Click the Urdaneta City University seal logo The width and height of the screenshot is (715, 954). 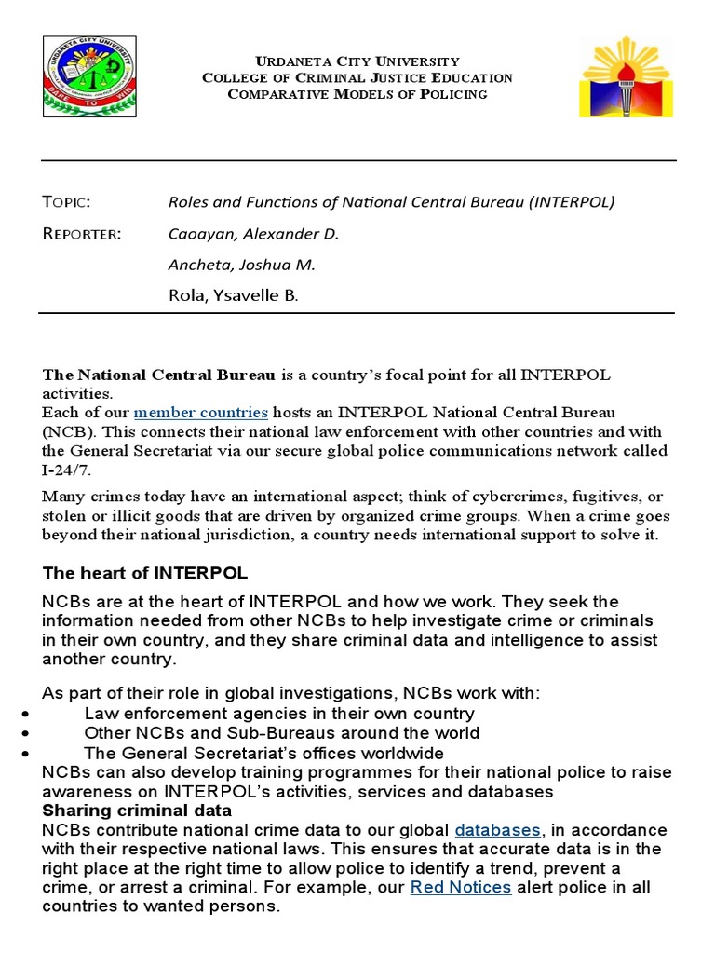pyautogui.click(x=89, y=77)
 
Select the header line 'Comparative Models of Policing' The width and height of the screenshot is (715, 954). pyautogui.click(x=357, y=94)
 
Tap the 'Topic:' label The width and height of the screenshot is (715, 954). pyautogui.click(x=66, y=202)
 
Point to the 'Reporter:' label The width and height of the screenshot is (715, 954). pyautogui.click(x=82, y=233)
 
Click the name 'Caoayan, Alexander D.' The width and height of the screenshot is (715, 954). pyautogui.click(x=252, y=234)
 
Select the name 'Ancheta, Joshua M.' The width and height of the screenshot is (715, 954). pyautogui.click(x=241, y=265)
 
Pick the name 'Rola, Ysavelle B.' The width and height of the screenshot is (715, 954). pyautogui.click(x=234, y=296)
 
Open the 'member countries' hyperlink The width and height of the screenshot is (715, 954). pyautogui.click(x=201, y=412)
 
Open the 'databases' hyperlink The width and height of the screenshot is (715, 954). pyautogui.click(x=497, y=829)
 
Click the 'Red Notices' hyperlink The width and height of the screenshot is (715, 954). pyautogui.click(x=461, y=887)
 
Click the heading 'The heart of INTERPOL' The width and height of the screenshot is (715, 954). pyautogui.click(x=145, y=572)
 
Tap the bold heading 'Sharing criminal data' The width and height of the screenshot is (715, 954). pyautogui.click(x=137, y=811)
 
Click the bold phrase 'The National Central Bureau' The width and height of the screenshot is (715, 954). pyautogui.click(x=159, y=375)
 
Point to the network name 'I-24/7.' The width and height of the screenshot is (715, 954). pyautogui.click(x=67, y=470)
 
